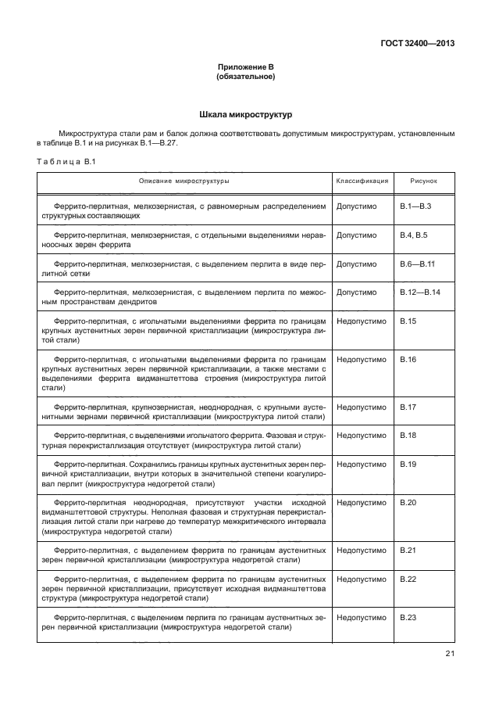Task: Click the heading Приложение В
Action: click(x=245, y=69)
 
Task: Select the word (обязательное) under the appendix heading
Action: click(x=245, y=77)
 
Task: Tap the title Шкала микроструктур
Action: click(x=245, y=115)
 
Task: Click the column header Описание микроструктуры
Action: click(x=184, y=181)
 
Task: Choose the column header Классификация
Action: click(x=362, y=181)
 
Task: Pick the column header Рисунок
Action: click(x=423, y=181)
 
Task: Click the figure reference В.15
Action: click(x=408, y=321)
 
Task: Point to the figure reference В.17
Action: click(x=408, y=407)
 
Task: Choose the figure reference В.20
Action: click(x=408, y=501)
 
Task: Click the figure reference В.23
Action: click(x=408, y=617)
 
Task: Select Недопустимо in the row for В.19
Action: click(x=361, y=464)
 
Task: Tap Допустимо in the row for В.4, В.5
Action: click(x=356, y=235)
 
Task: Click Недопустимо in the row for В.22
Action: click(x=361, y=579)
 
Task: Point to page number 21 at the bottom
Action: click(x=450, y=655)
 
